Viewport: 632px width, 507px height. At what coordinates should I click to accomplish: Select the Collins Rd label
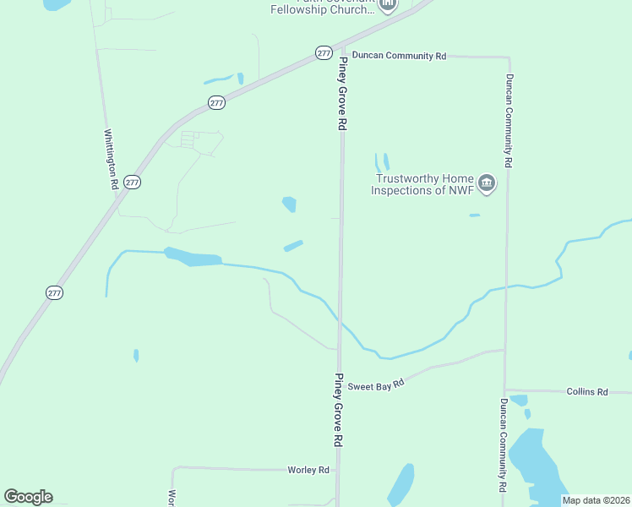click(x=587, y=392)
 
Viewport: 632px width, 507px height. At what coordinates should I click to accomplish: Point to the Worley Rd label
click(x=308, y=470)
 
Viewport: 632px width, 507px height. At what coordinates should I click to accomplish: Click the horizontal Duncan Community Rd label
click(x=399, y=56)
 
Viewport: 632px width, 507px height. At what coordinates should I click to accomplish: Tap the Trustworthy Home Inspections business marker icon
click(x=487, y=183)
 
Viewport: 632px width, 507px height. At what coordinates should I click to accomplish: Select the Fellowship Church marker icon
click(x=388, y=5)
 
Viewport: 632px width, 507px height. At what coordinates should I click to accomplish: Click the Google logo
click(x=29, y=497)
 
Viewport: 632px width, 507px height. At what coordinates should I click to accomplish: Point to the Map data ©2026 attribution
click(x=597, y=500)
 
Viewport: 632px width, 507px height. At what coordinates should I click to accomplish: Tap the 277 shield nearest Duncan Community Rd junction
click(x=324, y=52)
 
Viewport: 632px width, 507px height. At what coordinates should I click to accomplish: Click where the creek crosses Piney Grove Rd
click(x=340, y=321)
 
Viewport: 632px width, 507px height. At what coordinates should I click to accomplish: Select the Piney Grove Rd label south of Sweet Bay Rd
click(x=340, y=410)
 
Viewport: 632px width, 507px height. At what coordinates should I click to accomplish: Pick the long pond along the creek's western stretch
click(x=193, y=257)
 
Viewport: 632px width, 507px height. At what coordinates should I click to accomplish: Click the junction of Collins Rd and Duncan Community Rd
click(x=505, y=390)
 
